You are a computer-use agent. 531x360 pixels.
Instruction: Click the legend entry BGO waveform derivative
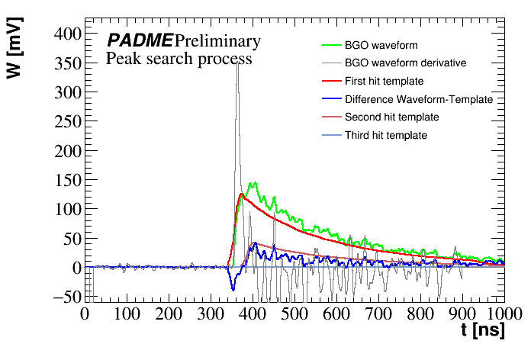coord(405,63)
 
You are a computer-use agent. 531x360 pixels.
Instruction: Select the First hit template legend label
coord(384,81)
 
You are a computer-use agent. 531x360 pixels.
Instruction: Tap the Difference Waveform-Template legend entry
coord(419,99)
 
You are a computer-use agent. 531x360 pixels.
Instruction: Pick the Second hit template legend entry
coord(391,117)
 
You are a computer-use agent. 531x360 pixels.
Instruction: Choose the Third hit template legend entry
coord(385,136)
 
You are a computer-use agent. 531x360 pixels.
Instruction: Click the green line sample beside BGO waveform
coord(330,45)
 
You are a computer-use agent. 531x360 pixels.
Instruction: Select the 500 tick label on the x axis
coord(293,313)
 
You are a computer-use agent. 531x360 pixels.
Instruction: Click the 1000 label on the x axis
coord(504,313)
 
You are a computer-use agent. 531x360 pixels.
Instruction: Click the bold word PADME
coord(140,41)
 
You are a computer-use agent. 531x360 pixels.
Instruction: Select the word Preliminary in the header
coord(217,41)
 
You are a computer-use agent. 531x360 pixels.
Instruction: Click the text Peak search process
coord(179,59)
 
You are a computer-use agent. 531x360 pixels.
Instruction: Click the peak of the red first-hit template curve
coord(241,194)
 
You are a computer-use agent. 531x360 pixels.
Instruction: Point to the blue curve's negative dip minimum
coord(233,290)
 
